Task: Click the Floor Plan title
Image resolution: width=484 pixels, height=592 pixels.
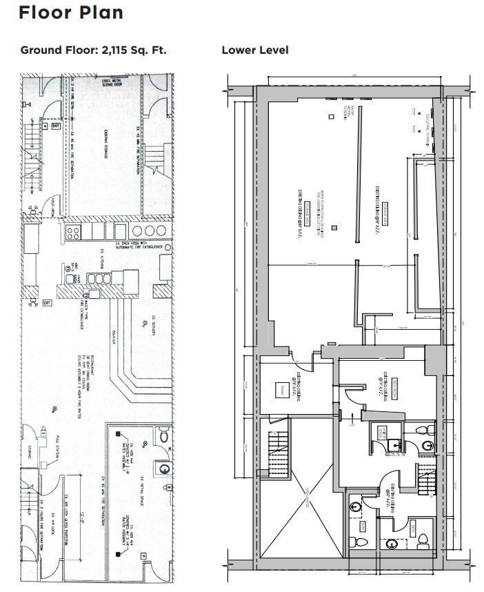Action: tap(71, 12)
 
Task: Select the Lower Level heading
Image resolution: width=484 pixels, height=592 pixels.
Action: tap(254, 50)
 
